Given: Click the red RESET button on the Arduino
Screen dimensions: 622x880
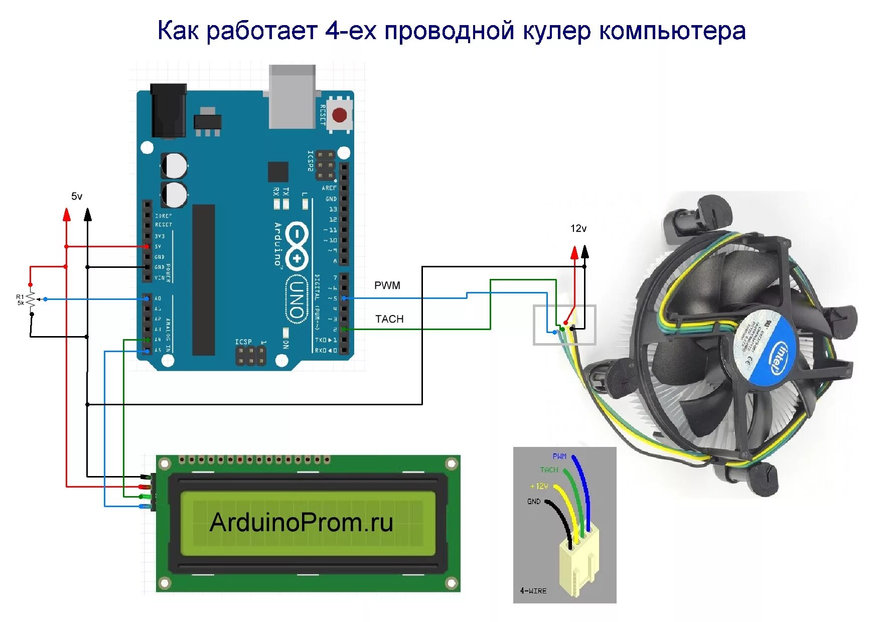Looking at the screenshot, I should pyautogui.click(x=340, y=115).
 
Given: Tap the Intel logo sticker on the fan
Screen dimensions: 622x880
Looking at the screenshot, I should pyautogui.click(x=779, y=357).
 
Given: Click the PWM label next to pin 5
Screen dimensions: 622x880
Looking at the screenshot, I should pyautogui.click(x=387, y=285).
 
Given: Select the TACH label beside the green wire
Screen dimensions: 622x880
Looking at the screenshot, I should pyautogui.click(x=389, y=319).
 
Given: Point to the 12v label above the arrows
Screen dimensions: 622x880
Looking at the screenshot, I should pyautogui.click(x=578, y=229).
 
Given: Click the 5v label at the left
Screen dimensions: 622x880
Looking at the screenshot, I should pyautogui.click(x=77, y=196).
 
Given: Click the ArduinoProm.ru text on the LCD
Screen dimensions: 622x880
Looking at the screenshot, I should pyautogui.click(x=301, y=523).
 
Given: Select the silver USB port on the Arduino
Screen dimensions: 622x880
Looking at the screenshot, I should pyautogui.click(x=292, y=96).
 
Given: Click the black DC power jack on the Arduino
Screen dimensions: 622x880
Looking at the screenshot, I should pyautogui.click(x=168, y=110).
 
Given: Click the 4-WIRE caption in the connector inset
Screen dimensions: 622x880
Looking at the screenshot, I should pyautogui.click(x=533, y=591).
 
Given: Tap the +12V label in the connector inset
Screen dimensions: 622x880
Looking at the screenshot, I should pyautogui.click(x=539, y=486).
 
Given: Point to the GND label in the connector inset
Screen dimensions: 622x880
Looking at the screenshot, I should pyautogui.click(x=534, y=502).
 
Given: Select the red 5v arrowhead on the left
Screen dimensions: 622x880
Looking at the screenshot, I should pyautogui.click(x=66, y=215).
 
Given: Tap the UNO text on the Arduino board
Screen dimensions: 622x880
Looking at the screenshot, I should pyautogui.click(x=297, y=299).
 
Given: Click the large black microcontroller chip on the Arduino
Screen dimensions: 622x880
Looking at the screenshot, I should pyautogui.click(x=204, y=280).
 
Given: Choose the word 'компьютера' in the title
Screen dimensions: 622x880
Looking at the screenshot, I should pyautogui.click(x=672, y=31).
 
